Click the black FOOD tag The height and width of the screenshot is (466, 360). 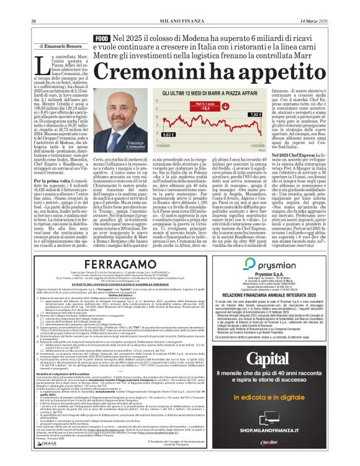click(x=101, y=39)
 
